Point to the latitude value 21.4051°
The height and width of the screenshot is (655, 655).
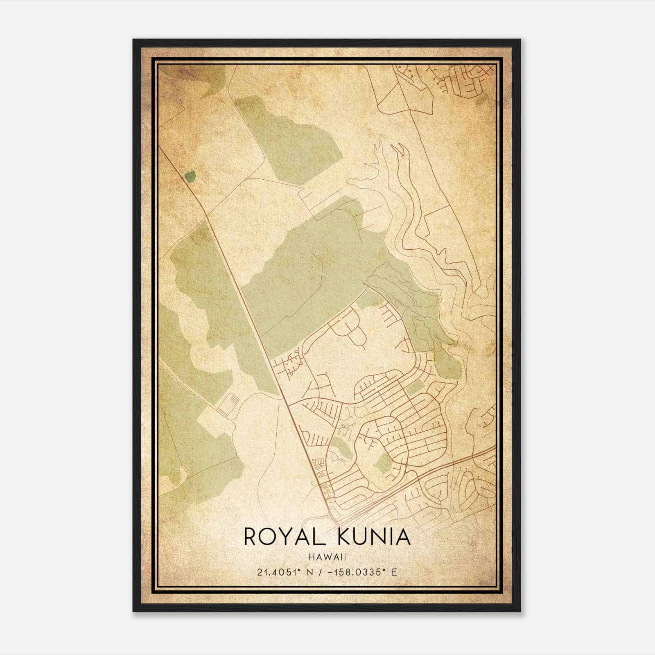(280, 572)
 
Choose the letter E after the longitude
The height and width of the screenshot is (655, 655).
(394, 572)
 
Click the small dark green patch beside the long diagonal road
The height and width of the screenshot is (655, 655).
(190, 177)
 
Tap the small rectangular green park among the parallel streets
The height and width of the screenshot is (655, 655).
(414, 387)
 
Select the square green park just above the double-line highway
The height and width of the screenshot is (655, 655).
(384, 462)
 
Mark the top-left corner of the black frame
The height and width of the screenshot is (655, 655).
(133, 40)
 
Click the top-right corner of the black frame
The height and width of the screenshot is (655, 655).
(519, 40)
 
